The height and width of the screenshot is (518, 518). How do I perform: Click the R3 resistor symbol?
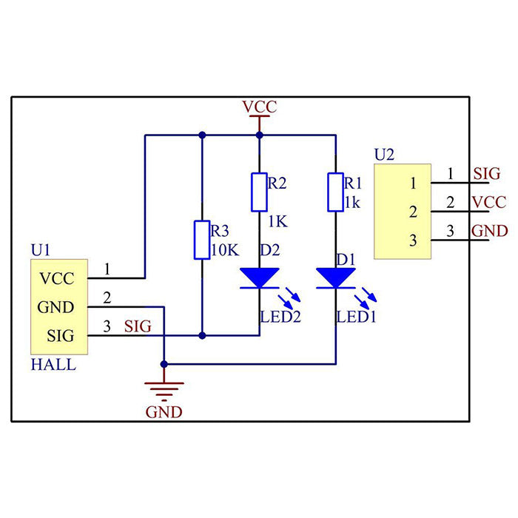pos(201,239)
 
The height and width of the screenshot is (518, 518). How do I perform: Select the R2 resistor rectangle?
pos(259,192)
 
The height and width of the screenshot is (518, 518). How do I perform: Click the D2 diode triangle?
pos(259,277)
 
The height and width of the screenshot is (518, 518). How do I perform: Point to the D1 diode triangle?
pos(335,277)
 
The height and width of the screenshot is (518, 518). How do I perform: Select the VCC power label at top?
pos(259,107)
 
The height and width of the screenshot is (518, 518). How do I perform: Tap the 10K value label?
pos(225,250)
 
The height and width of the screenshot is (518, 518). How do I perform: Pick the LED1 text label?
pos(357,317)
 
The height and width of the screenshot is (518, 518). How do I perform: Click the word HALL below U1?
pos(53,365)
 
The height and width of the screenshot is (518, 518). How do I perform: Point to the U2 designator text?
pos(384,155)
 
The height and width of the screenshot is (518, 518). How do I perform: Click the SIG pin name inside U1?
pos(60,335)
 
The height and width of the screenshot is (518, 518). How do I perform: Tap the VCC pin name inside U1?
pos(57,279)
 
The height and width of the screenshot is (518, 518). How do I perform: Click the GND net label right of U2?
pos(489,231)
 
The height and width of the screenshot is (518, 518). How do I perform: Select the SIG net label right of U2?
pos(487,174)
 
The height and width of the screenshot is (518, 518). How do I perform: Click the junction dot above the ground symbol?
pos(164,364)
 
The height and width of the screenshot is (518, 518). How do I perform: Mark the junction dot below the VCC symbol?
pos(259,135)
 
